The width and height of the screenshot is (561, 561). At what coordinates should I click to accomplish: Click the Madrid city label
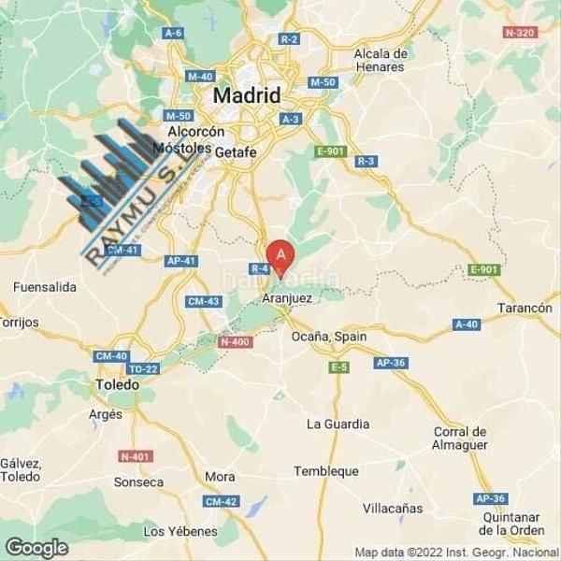pos(247,95)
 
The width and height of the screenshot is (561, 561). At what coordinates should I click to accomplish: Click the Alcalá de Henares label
pos(380,60)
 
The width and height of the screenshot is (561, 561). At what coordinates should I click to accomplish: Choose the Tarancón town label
pos(524,308)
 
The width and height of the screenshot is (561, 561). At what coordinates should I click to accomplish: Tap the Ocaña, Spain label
pos(328,336)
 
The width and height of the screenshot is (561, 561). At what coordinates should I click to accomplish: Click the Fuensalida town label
pos(45,287)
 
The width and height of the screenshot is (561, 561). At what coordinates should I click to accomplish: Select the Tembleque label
pos(325,471)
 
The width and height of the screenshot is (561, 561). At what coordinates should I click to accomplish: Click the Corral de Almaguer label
pos(460,438)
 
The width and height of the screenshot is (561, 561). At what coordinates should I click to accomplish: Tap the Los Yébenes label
pos(180,531)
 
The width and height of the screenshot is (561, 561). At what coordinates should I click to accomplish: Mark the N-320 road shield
pos(521,32)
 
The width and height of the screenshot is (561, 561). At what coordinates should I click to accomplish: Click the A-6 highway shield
pos(172,33)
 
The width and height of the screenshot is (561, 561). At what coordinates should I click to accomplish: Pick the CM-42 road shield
pos(220,501)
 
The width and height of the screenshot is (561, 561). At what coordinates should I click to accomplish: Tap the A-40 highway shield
pos(466,324)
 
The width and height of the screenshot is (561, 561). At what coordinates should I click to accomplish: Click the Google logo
pos(36,547)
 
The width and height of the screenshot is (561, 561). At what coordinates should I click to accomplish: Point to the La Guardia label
pos(338,424)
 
